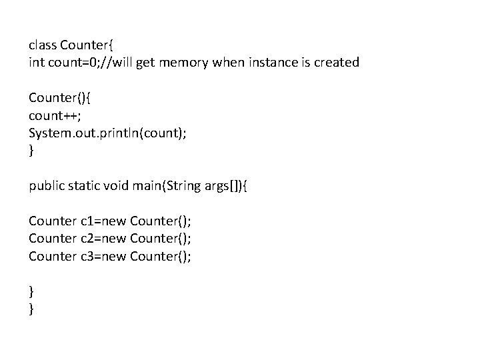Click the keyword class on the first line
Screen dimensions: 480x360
pos(42,45)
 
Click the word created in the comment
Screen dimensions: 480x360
pos(338,63)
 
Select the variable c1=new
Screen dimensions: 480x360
pos(104,220)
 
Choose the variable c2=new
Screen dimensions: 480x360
pos(104,237)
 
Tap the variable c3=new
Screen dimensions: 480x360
pos(104,255)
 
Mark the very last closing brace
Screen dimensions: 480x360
pos(31,309)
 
